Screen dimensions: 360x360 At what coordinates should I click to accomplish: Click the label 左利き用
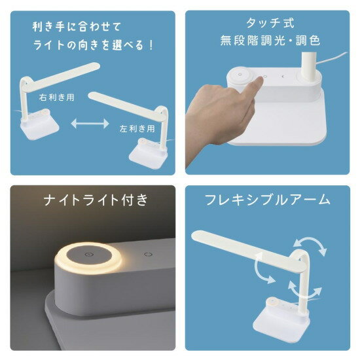point(137,128)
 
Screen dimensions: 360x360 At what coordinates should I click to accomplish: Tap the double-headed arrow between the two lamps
point(88,123)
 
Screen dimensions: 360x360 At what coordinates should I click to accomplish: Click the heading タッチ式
point(269,23)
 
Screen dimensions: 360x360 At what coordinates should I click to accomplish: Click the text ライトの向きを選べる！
point(92,46)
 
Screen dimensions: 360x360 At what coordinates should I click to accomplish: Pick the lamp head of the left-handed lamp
point(118,99)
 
